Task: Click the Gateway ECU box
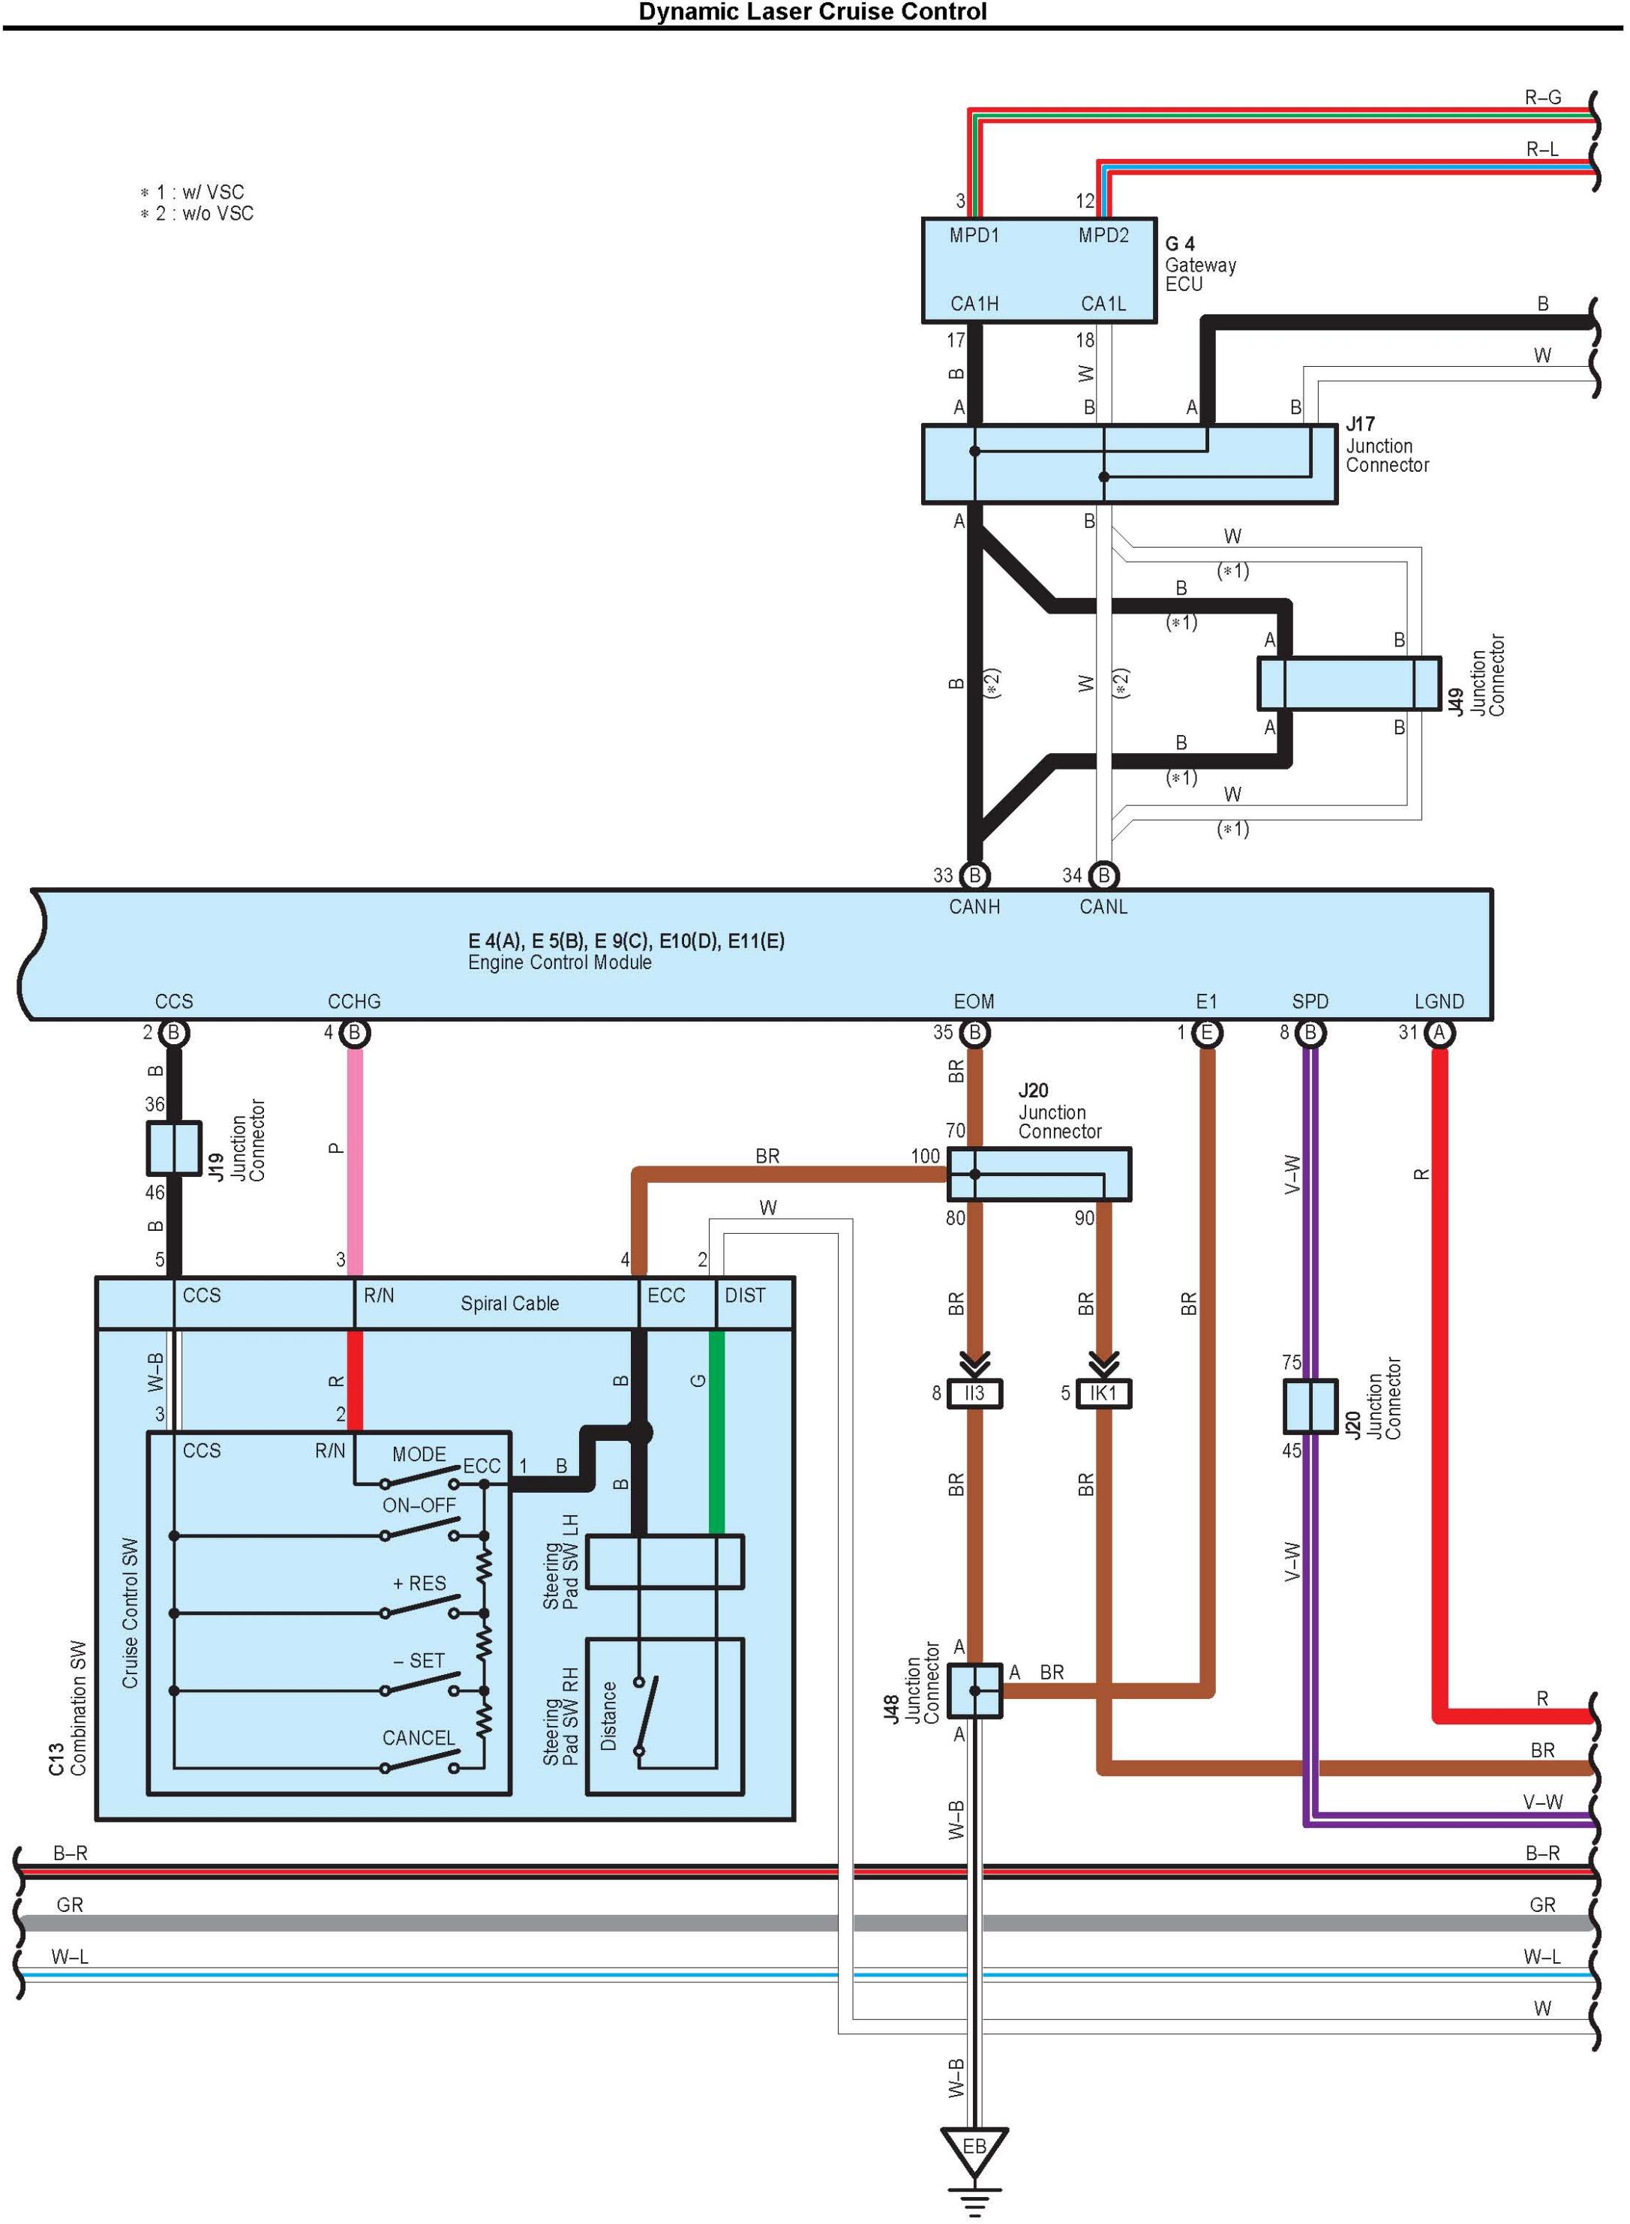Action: tap(1038, 269)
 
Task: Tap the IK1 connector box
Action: tap(1103, 1393)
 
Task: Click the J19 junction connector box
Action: tap(174, 1148)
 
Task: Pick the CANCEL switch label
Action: tap(419, 1737)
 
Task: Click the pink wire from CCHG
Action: tap(356, 1164)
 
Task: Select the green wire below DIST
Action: tap(717, 1430)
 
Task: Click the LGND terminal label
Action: tap(1439, 1001)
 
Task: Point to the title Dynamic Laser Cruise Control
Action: tap(812, 12)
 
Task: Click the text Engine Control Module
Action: tap(560, 962)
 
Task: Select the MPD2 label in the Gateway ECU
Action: tap(1103, 235)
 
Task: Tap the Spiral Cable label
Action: tap(509, 1304)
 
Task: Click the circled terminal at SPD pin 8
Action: tap(1310, 1033)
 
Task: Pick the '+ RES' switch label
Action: tap(419, 1583)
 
